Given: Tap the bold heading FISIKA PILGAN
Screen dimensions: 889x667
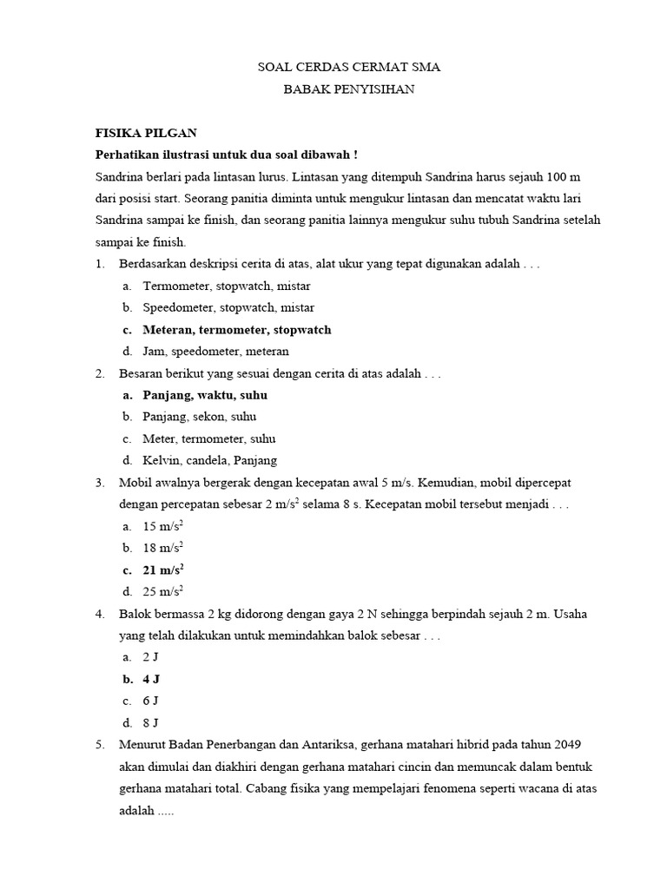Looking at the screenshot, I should tap(146, 133).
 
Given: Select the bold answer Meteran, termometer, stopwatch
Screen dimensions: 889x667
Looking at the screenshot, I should tap(237, 330).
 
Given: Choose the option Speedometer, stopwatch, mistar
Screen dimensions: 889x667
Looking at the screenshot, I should tap(228, 307).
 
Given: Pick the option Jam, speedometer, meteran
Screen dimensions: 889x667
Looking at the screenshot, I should tap(216, 352).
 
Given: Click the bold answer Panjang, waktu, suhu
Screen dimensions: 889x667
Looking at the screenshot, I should tap(205, 395).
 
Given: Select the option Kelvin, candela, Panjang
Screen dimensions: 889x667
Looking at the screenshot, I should tap(210, 461).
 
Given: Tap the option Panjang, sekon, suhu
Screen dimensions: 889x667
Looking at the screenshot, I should tap(200, 417).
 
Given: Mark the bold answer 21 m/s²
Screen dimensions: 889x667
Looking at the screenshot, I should tap(163, 570).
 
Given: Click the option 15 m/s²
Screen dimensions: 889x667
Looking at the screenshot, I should tap(163, 526).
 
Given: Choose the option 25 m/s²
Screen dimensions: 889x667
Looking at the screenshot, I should tap(163, 592).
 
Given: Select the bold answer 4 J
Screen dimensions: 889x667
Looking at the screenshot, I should tap(151, 679).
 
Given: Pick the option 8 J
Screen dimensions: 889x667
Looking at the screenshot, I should tap(150, 723).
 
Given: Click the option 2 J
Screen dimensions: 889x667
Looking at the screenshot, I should tap(150, 657).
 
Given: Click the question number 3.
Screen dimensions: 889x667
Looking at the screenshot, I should tap(100, 483).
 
